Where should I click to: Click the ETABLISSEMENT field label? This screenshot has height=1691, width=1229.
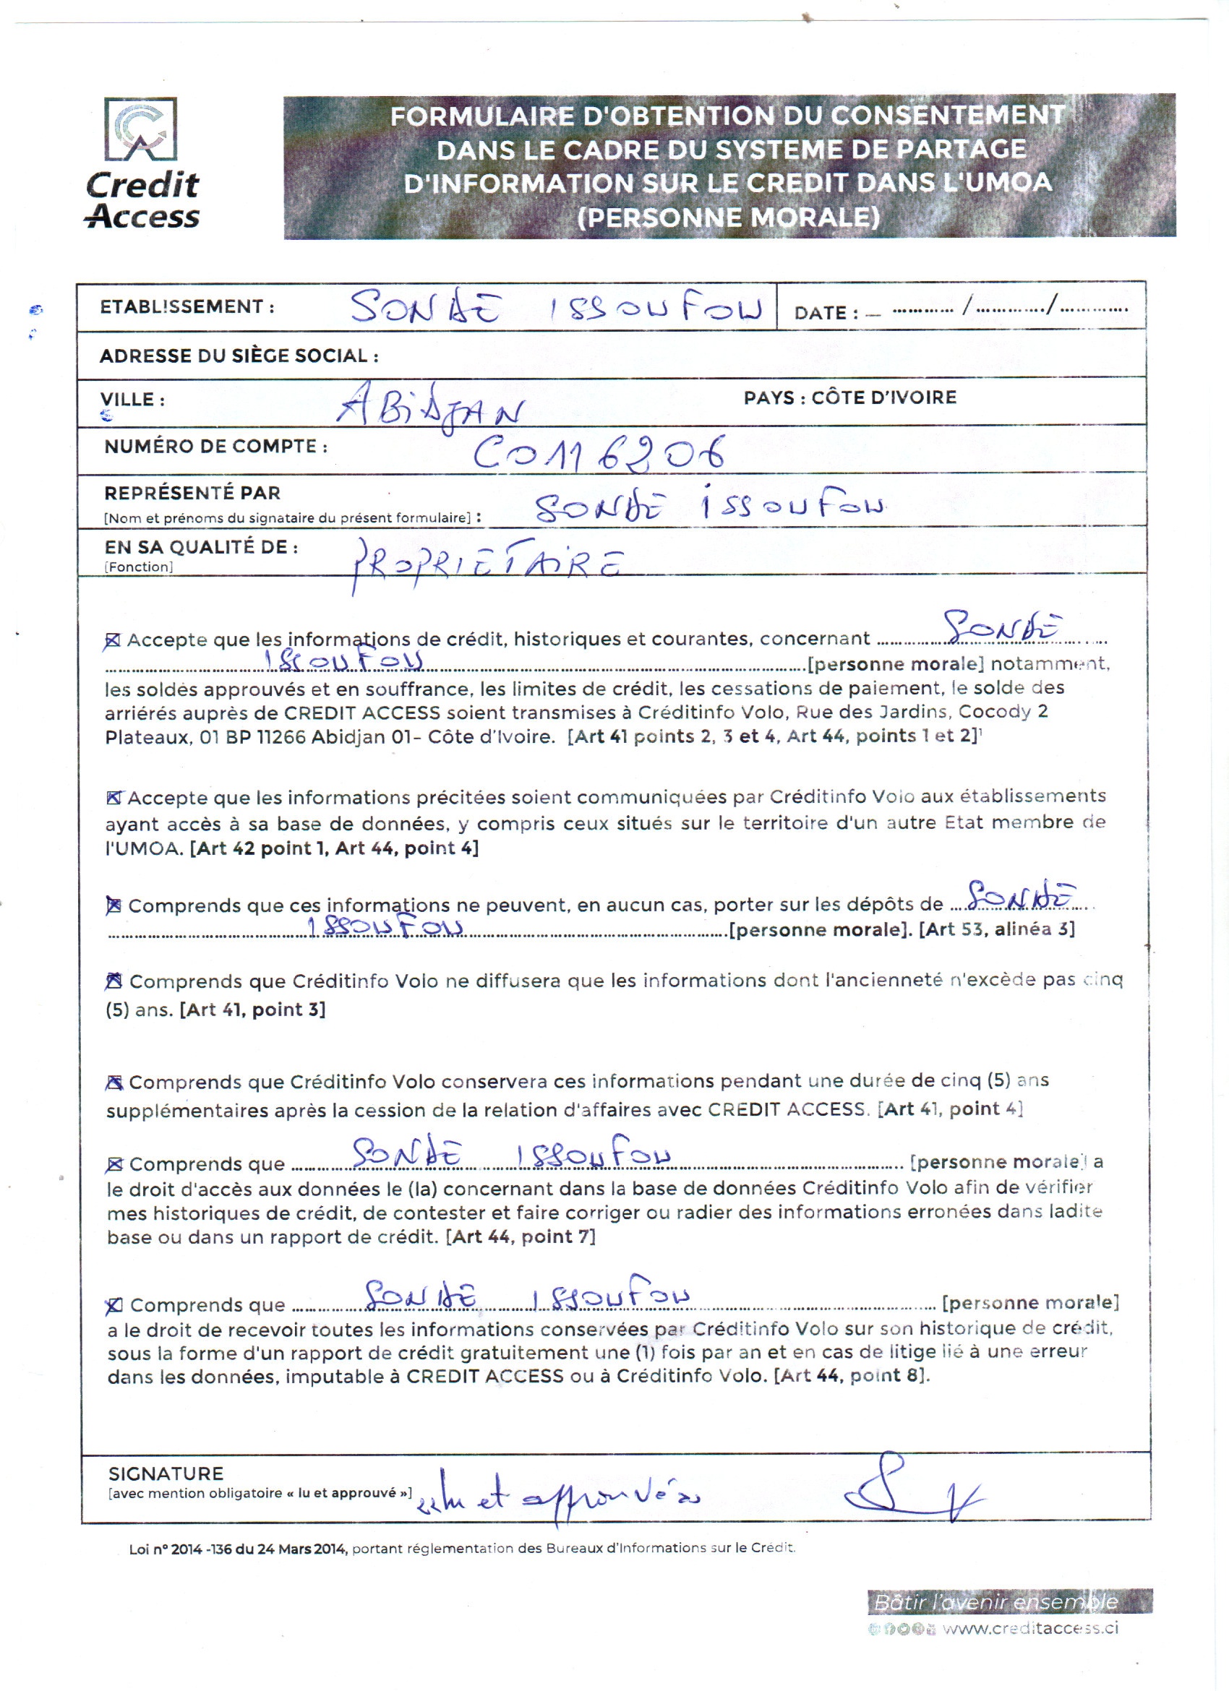point(187,306)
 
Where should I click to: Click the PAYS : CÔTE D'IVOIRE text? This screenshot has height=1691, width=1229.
point(849,397)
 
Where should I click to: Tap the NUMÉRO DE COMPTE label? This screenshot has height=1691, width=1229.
point(215,447)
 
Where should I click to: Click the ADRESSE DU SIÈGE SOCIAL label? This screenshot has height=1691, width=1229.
point(239,356)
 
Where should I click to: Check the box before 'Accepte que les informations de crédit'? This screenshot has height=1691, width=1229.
point(113,640)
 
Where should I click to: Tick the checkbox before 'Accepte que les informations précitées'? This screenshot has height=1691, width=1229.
point(114,798)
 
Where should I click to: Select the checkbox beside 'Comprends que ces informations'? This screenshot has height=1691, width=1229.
point(114,905)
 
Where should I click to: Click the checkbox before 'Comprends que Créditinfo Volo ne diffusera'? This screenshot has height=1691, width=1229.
point(114,981)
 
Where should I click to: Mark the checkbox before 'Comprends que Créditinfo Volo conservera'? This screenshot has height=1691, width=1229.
point(114,1082)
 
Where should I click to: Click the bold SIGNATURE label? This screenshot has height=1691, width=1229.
point(166,1474)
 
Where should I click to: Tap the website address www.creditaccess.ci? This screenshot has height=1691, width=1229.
point(1030,1628)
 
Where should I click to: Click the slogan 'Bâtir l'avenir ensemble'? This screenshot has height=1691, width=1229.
point(995,1601)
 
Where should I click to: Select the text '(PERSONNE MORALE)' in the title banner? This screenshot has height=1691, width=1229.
point(729,217)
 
